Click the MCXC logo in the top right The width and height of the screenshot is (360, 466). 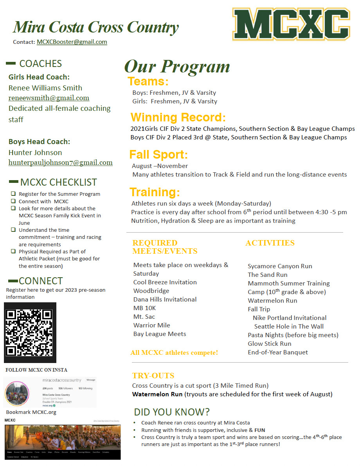click(x=291, y=24)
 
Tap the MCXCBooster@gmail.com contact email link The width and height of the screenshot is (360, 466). click(x=72, y=42)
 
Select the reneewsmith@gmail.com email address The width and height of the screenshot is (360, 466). click(x=49, y=98)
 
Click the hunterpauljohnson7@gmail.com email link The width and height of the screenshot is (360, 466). click(x=60, y=163)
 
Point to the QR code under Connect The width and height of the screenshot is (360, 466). click(x=30, y=332)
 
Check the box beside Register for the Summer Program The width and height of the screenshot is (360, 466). click(x=13, y=194)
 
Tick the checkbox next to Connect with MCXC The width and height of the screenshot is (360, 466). click(x=13, y=201)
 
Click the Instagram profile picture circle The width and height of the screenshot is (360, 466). click(x=17, y=393)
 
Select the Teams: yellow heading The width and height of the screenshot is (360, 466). click(x=148, y=81)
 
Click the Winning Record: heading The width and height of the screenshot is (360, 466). click(x=178, y=117)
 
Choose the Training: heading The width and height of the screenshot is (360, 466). click(x=155, y=192)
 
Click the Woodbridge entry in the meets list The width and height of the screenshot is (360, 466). click(x=151, y=291)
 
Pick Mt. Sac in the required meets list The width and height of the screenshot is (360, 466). click(x=144, y=317)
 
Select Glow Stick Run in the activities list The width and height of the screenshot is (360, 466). click(x=270, y=344)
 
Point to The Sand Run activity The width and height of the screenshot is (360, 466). click(x=267, y=275)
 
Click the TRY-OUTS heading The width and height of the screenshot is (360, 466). click(x=153, y=376)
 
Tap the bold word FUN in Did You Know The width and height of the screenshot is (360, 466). click(x=259, y=430)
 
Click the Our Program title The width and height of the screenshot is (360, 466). click(x=177, y=67)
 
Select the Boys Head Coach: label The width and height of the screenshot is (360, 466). click(x=39, y=141)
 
